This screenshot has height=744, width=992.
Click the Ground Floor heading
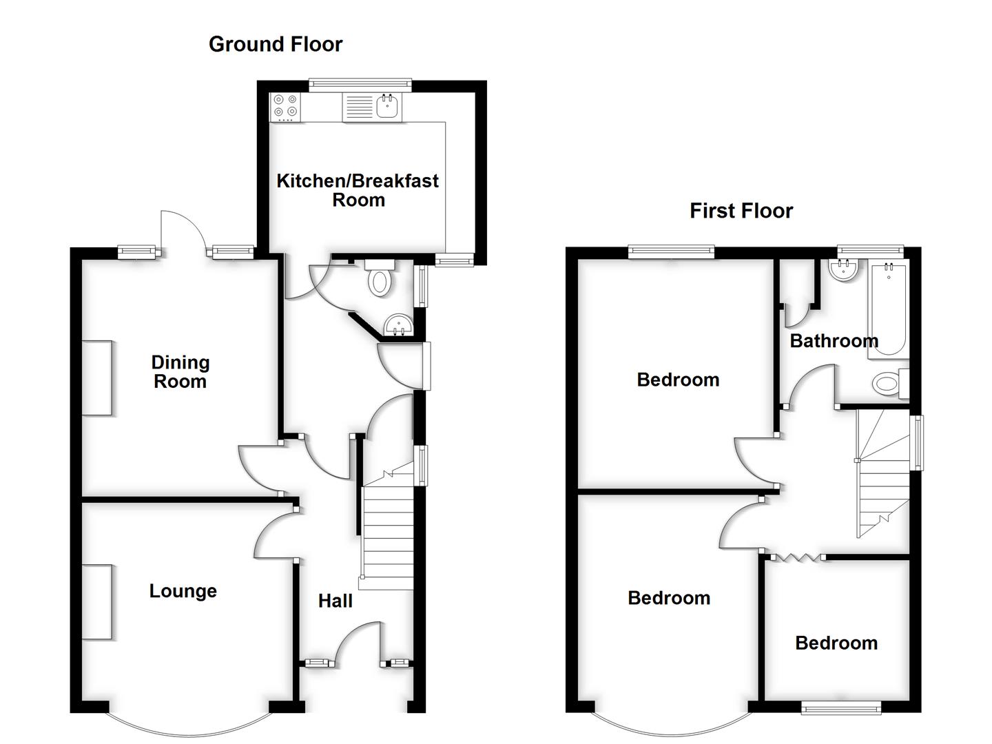(276, 44)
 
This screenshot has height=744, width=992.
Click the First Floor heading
(741, 211)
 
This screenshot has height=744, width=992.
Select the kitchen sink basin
(388, 107)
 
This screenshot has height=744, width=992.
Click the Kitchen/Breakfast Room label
(358, 190)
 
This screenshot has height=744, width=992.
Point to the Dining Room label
(180, 372)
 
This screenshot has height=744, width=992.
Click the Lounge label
(183, 591)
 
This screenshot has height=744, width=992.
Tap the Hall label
(335, 601)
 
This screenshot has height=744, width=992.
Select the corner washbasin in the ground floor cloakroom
(398, 325)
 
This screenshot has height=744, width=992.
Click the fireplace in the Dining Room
(97, 378)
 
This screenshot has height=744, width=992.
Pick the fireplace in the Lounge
(97, 602)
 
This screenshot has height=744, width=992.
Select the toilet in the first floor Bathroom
(889, 384)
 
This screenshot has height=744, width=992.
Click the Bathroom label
(834, 341)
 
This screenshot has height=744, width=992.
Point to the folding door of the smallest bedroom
(796, 557)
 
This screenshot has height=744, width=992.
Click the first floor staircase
(882, 475)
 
